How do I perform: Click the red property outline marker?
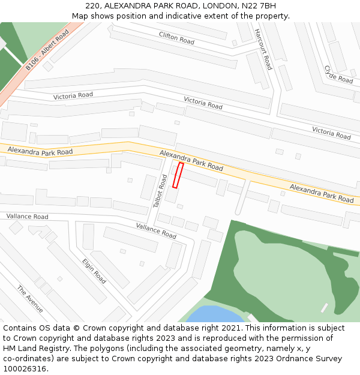pyautogui.click(x=178, y=175)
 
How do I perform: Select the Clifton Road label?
pyautogui.click(x=176, y=38)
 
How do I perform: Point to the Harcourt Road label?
pyautogui.click(x=263, y=49)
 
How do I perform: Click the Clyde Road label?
pyautogui.click(x=338, y=74)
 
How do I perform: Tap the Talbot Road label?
pyautogui.click(x=160, y=191)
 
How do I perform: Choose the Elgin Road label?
pyautogui.click(x=94, y=271)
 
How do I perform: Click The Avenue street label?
pyautogui.click(x=30, y=299)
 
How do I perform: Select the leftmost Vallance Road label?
pyautogui.click(x=27, y=216)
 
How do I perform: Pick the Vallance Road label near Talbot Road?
pyautogui.click(x=156, y=231)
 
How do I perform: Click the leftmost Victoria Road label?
pyautogui.click(x=73, y=95)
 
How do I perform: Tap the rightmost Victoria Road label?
pyautogui.click(x=331, y=133)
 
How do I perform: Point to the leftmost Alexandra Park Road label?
pyautogui.click(x=40, y=152)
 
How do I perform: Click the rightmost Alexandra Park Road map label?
pyautogui.click(x=322, y=193)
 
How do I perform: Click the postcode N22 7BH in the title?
pyautogui.click(x=256, y=6)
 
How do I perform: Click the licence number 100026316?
pyautogui.click(x=24, y=368)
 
